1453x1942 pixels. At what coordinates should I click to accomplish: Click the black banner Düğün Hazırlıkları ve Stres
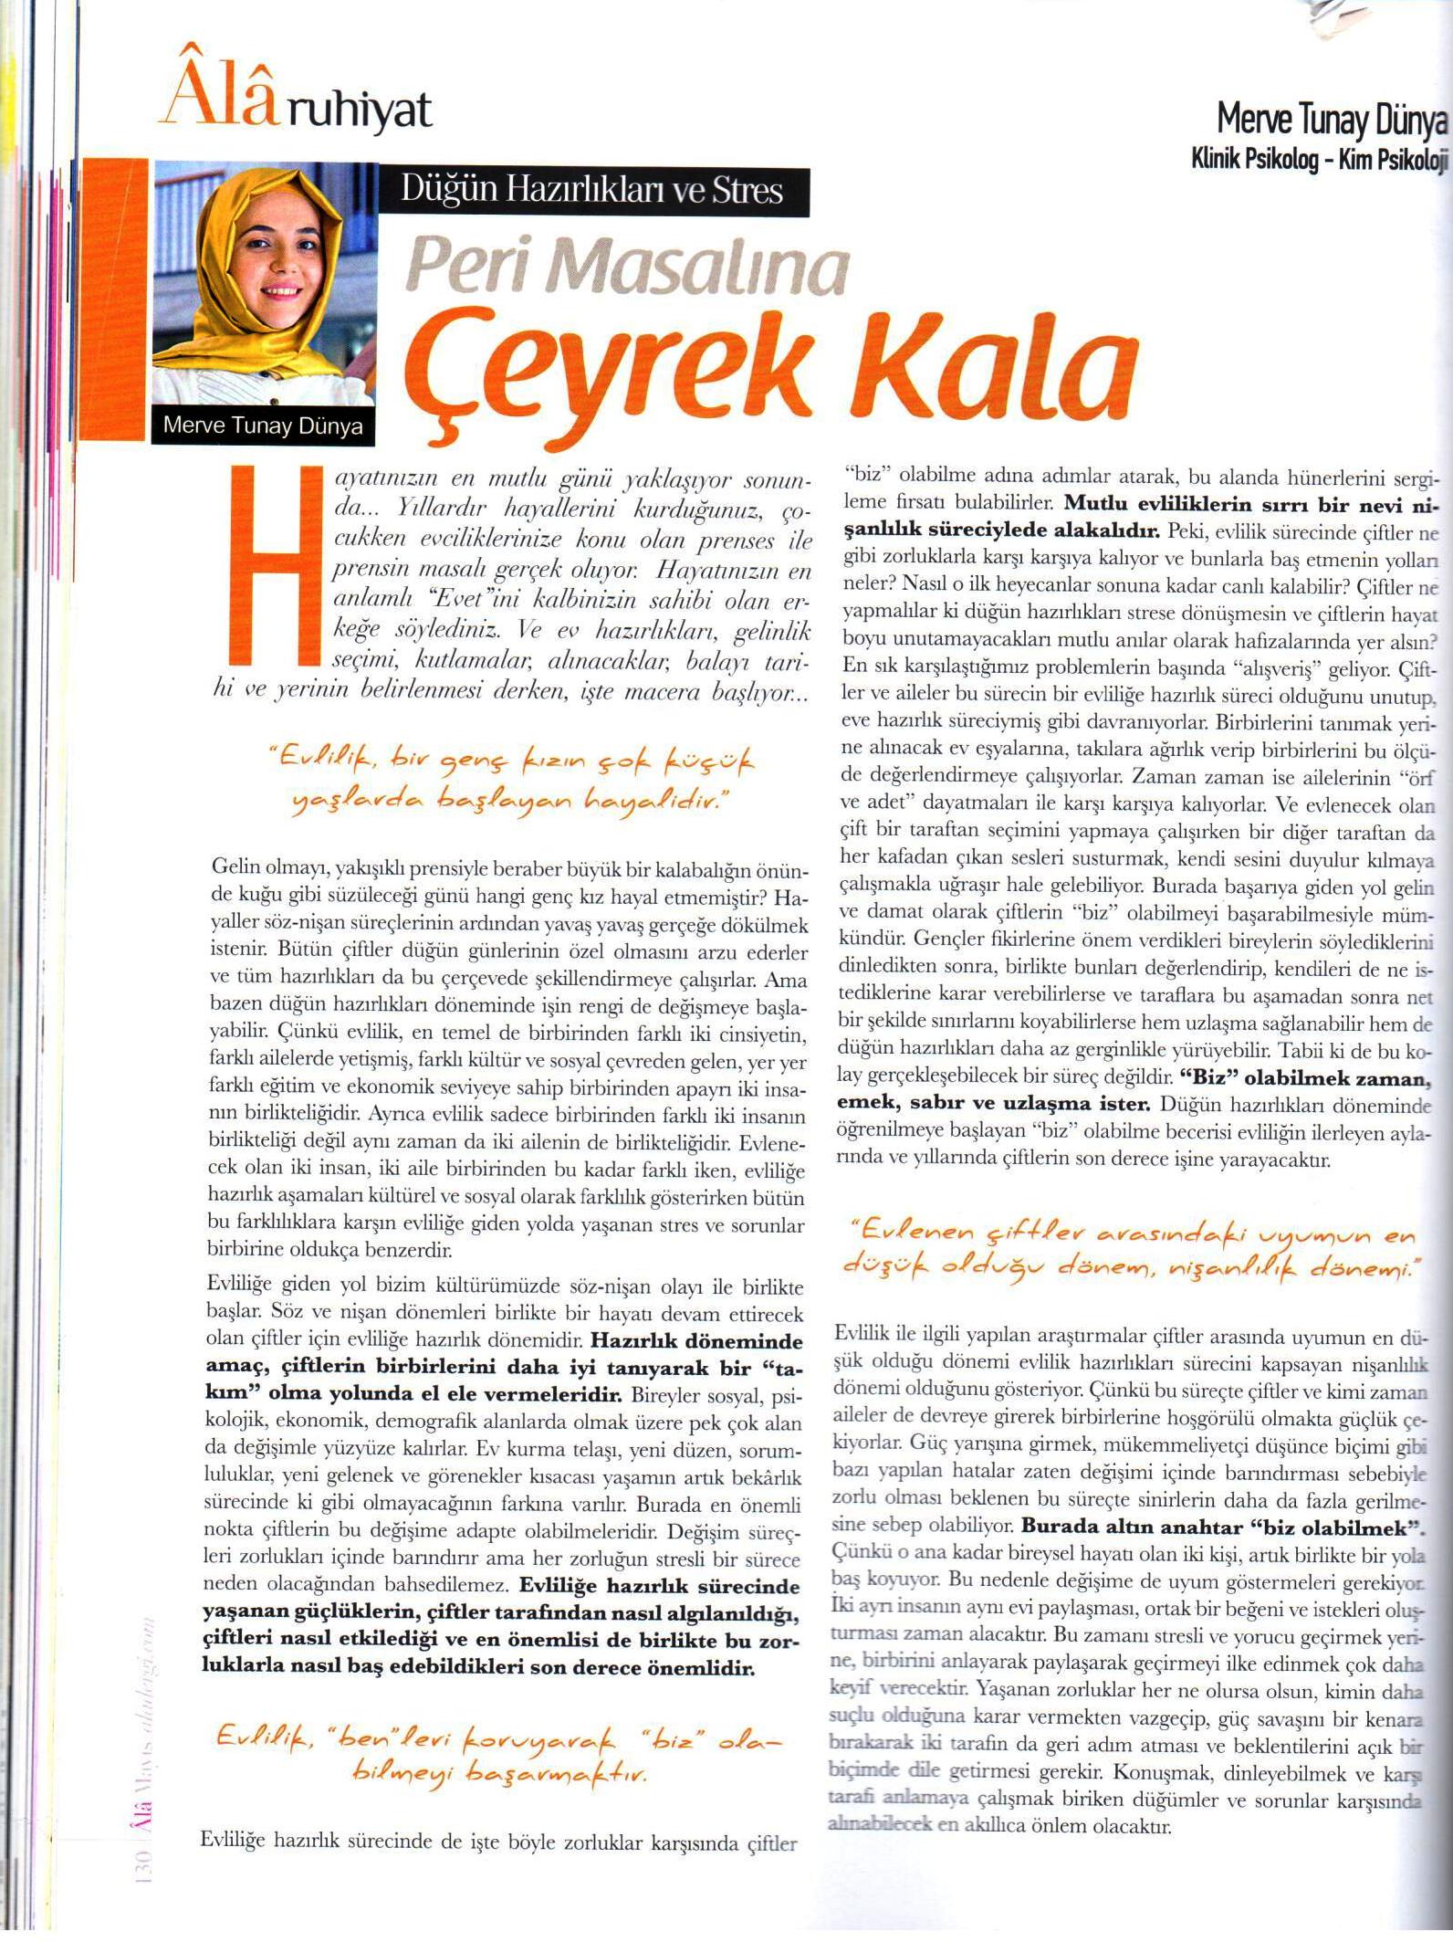coord(592,191)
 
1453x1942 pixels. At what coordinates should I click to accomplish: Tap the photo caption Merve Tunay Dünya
coord(262,425)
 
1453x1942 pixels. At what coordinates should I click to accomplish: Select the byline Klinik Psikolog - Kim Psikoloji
coord(1320,160)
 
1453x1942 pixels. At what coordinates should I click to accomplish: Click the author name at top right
coord(1332,119)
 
